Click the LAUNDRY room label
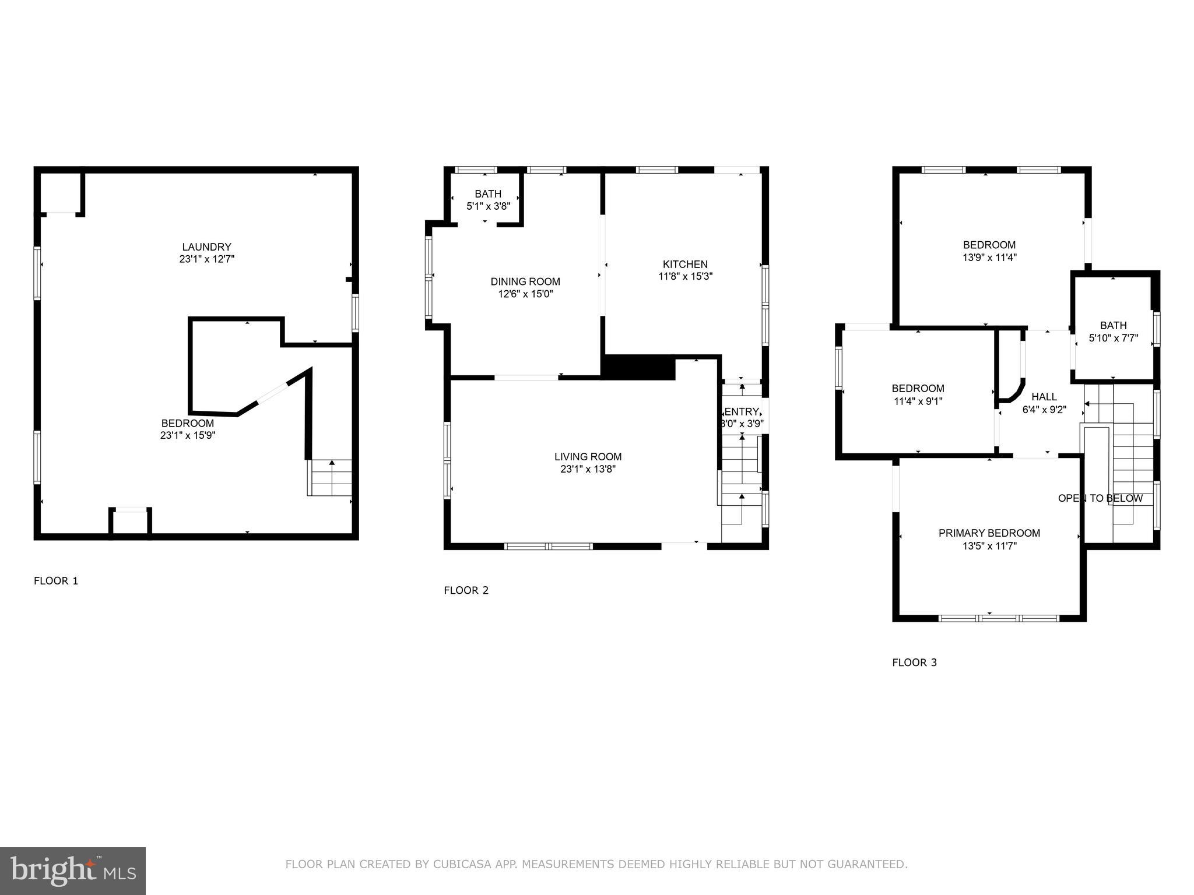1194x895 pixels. (206, 247)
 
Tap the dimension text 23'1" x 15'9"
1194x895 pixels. (188, 435)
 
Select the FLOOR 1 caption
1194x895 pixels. (56, 581)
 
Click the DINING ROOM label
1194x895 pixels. (525, 282)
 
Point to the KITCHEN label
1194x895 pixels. (685, 265)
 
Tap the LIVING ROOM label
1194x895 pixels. (588, 457)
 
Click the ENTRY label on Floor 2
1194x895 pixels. (742, 412)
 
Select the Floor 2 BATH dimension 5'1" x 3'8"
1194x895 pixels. (488, 206)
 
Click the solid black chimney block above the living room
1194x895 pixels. (638, 368)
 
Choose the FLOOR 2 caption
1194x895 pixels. (466, 590)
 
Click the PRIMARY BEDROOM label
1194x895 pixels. (989, 533)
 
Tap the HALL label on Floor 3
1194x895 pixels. (1044, 397)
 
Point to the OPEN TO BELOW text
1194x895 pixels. (1100, 499)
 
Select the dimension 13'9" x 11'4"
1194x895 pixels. (989, 258)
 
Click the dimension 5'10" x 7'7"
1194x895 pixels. (1113, 338)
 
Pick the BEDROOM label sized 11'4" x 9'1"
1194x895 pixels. (918, 389)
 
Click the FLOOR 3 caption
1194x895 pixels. (914, 663)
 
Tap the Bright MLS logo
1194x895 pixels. (73, 871)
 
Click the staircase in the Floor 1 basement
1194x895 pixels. (330, 477)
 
